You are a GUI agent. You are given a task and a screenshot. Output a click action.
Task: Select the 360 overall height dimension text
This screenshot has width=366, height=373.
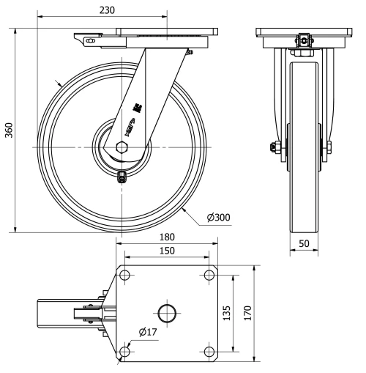[8, 129]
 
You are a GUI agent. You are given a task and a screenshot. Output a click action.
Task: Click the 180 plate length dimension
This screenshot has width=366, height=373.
[168, 237]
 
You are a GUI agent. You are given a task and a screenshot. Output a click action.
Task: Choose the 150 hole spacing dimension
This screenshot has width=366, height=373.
[168, 251]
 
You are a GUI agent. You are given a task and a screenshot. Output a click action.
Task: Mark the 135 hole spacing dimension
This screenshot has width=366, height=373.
[227, 314]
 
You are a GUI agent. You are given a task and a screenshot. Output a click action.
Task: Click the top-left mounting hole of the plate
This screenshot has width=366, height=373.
[125, 275]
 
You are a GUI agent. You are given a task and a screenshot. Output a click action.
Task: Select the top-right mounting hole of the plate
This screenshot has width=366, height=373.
[210, 275]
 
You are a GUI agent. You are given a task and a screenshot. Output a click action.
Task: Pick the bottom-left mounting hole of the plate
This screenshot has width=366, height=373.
[125, 352]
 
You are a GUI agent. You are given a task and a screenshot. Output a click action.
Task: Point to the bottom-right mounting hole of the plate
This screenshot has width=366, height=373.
[210, 352]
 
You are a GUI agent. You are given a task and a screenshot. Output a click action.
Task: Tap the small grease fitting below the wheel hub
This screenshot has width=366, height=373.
[122, 175]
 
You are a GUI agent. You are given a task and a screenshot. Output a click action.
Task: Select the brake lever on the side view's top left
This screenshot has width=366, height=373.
[86, 42]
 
